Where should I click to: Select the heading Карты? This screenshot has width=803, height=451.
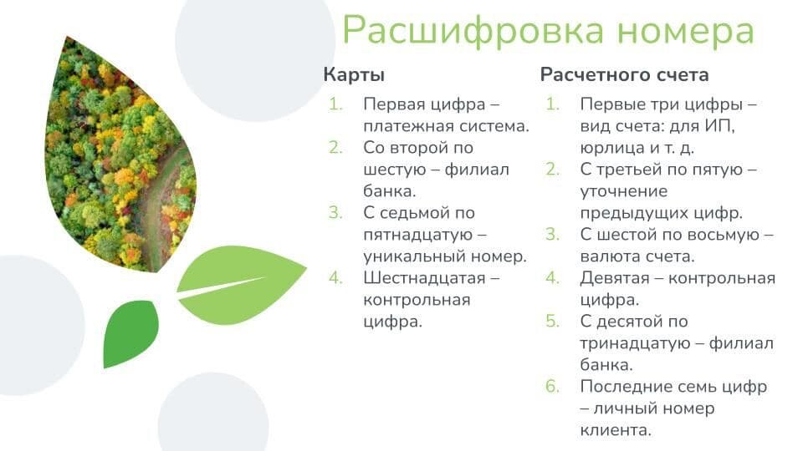(354, 74)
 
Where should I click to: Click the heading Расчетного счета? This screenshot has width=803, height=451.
(624, 74)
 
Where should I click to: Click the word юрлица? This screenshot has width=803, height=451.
(608, 149)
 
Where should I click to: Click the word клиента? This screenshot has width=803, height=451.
(615, 431)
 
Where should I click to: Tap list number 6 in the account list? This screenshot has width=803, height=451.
(552, 387)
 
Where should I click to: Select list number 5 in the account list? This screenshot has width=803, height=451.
(552, 322)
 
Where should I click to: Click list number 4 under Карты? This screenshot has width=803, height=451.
(335, 278)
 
